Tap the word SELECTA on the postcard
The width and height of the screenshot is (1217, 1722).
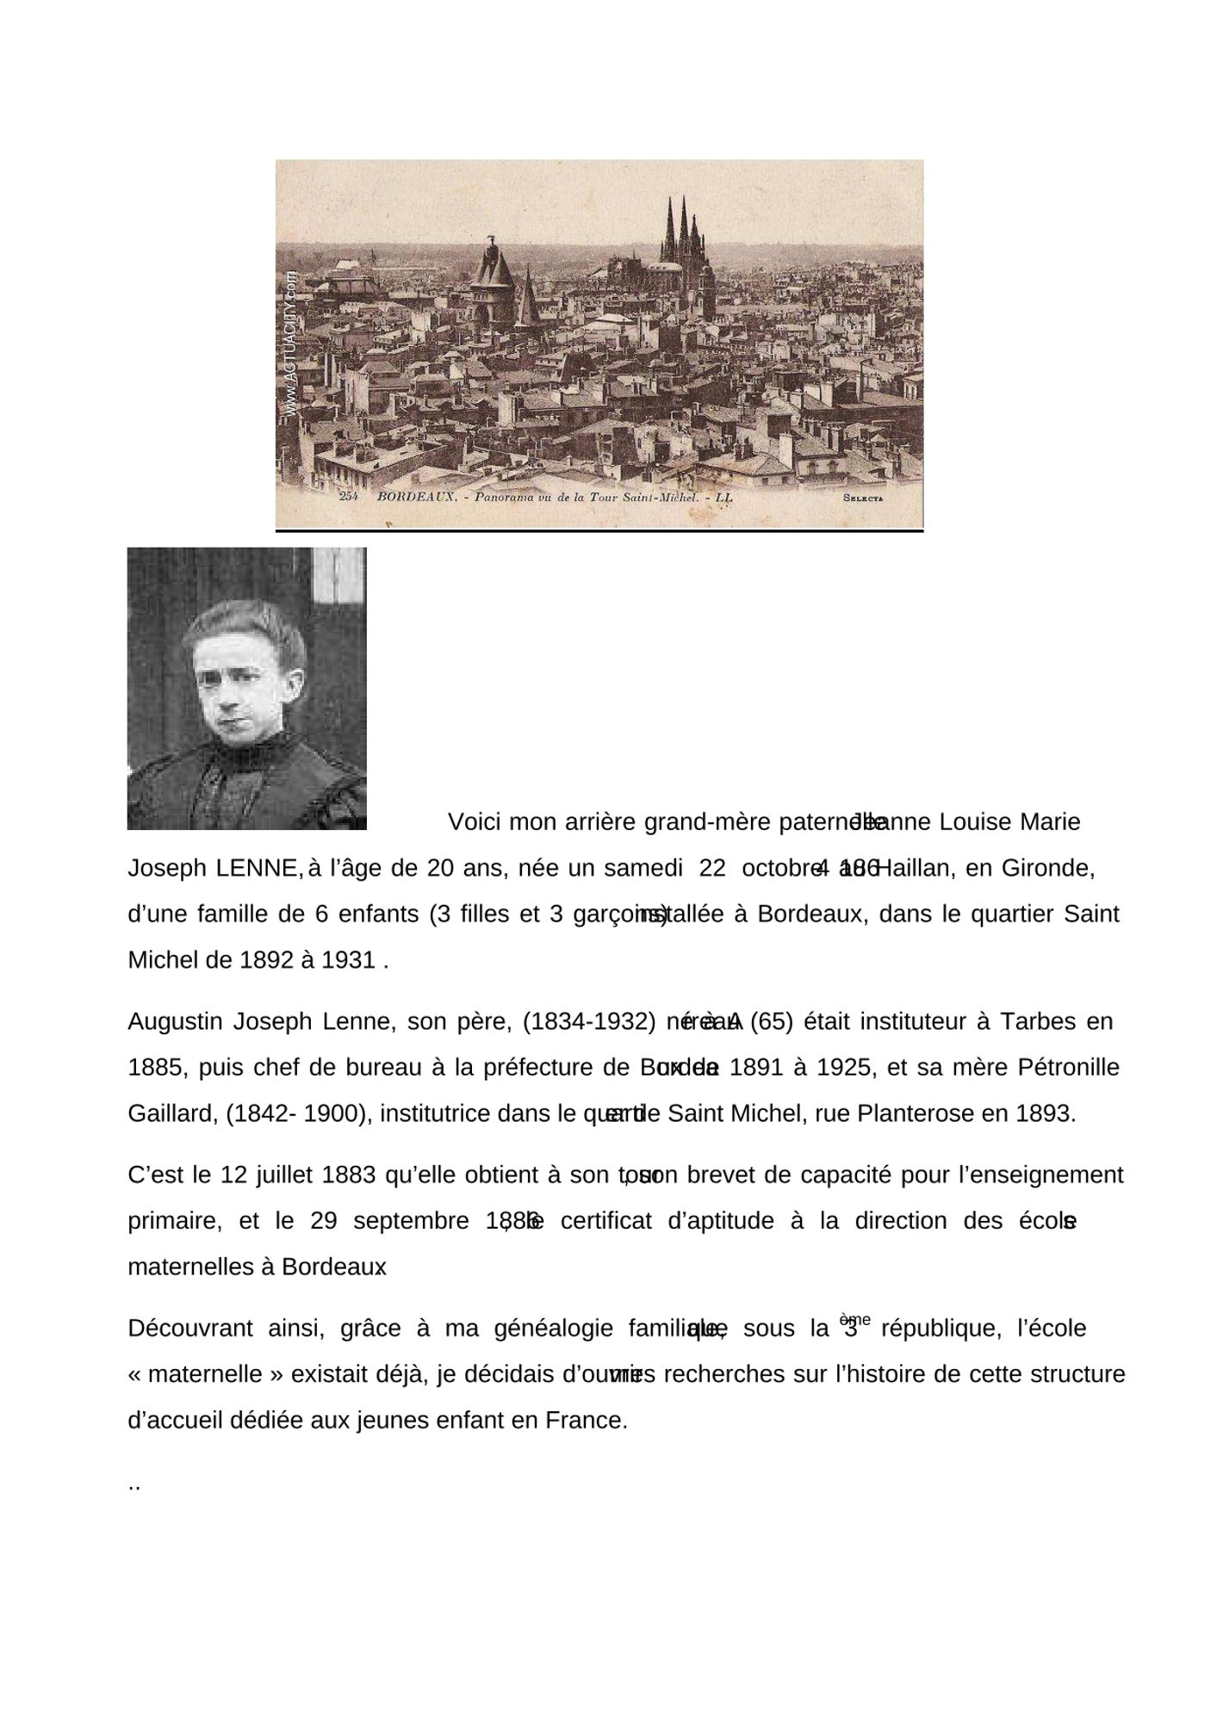(x=863, y=498)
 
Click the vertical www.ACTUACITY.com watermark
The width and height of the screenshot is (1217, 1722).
(x=291, y=345)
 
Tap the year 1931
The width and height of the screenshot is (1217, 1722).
(x=348, y=960)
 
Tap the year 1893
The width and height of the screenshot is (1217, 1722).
(x=1046, y=1114)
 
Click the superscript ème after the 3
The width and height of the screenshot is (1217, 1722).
(x=854, y=1320)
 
